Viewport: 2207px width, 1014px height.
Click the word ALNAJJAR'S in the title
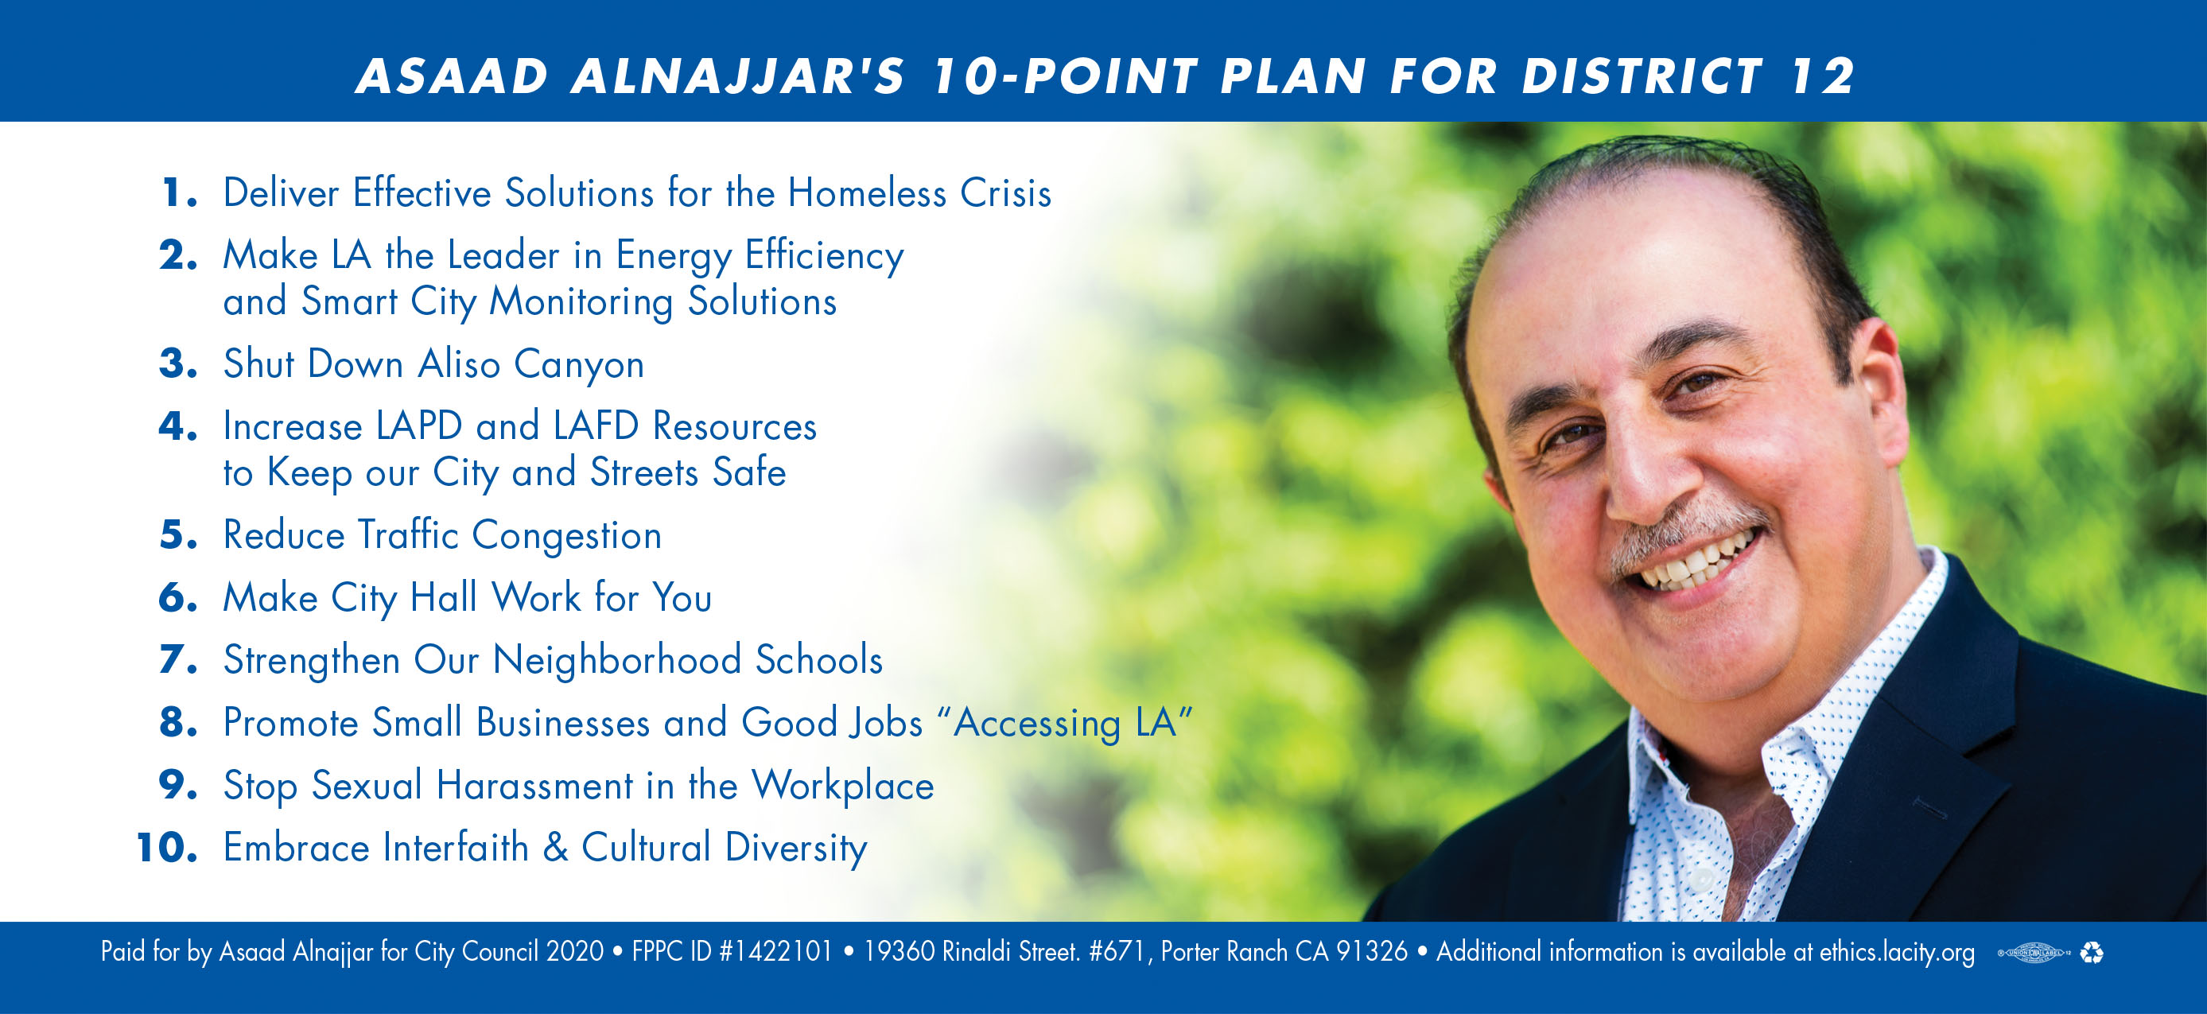pyautogui.click(x=738, y=76)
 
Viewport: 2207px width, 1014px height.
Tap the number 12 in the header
pyautogui.click(x=1822, y=76)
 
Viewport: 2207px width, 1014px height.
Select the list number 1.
pyautogui.click(x=179, y=192)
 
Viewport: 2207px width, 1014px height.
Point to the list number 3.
pyautogui.click(x=178, y=363)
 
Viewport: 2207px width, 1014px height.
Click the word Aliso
pyautogui.click(x=459, y=363)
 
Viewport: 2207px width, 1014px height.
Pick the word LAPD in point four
pyautogui.click(x=419, y=425)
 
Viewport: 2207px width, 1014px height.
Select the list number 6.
pyautogui.click(x=178, y=597)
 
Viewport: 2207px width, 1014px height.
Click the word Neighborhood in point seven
pyautogui.click(x=617, y=659)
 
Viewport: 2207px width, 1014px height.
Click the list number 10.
pyautogui.click(x=167, y=848)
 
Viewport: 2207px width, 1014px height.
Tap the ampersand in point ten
pyautogui.click(x=555, y=848)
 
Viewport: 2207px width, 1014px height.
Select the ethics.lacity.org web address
pyautogui.click(x=1897, y=952)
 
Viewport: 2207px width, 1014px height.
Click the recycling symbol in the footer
pyautogui.click(x=2092, y=952)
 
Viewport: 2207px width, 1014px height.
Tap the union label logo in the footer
pyautogui.click(x=2034, y=952)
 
